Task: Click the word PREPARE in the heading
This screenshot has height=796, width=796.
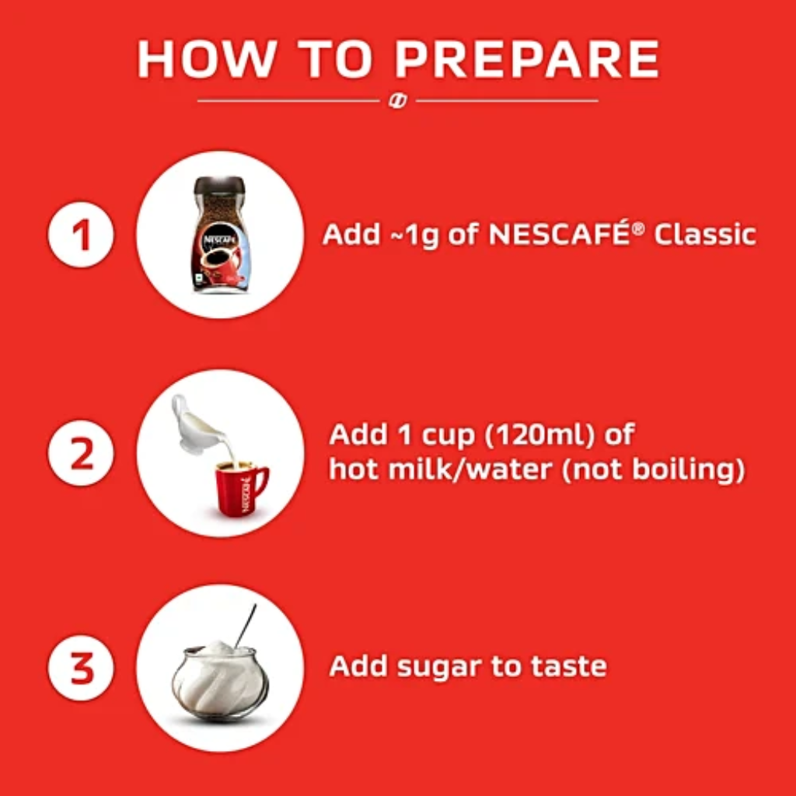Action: pyautogui.click(x=527, y=59)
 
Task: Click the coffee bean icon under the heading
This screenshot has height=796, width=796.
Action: pyautogui.click(x=397, y=101)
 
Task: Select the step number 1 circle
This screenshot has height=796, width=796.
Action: pyautogui.click(x=81, y=235)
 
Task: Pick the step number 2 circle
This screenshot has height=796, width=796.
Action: pyautogui.click(x=81, y=452)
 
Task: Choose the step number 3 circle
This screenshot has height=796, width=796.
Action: pyautogui.click(x=81, y=668)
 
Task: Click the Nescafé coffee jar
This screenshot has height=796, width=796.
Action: pyautogui.click(x=221, y=235)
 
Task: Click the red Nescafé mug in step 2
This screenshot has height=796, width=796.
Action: pyautogui.click(x=241, y=488)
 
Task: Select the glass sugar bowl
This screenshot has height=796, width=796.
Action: pyautogui.click(x=220, y=680)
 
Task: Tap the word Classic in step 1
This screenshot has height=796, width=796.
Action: pyautogui.click(x=705, y=235)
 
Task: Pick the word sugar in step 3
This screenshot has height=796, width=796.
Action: pyautogui.click(x=438, y=668)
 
